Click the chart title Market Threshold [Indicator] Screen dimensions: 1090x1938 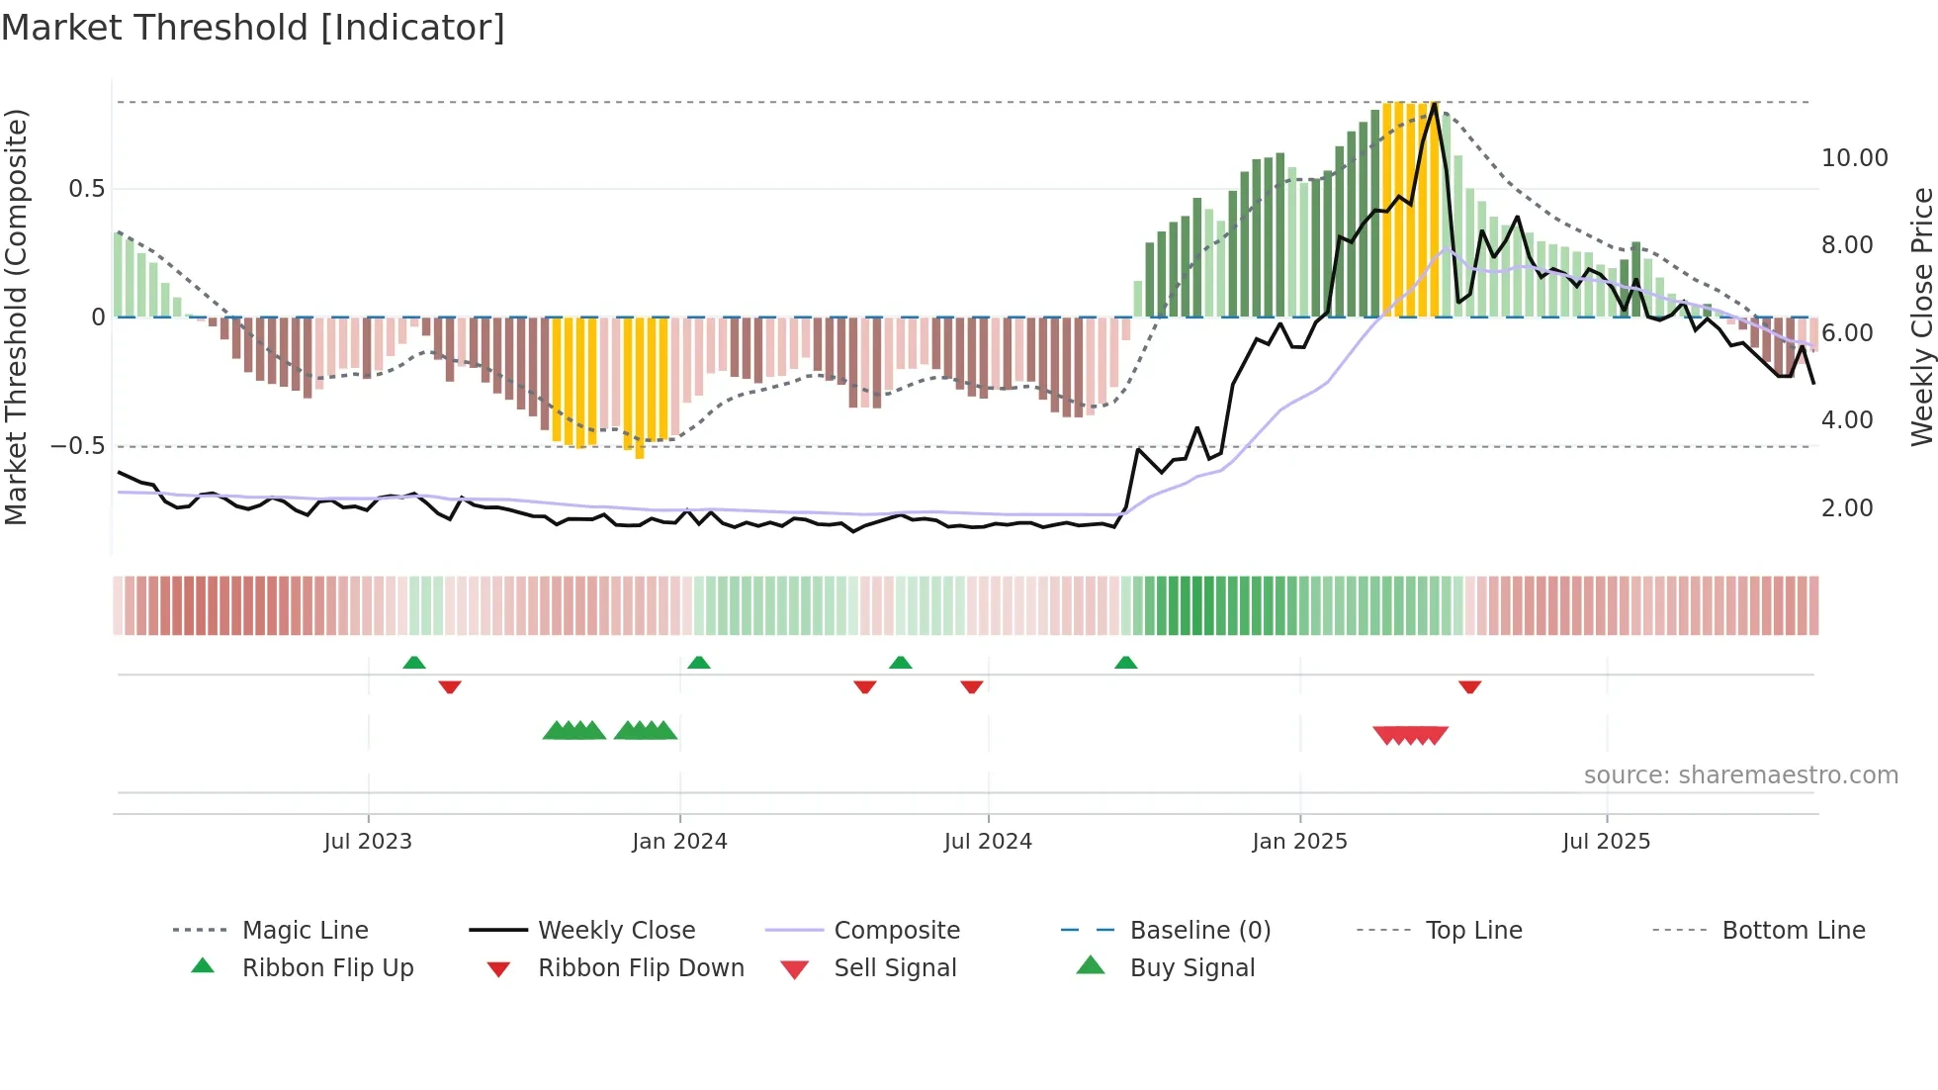pos(253,28)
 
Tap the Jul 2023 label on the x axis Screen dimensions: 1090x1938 pos(368,842)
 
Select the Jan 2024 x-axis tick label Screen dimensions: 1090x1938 pos(679,842)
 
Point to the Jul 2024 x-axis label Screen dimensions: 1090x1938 pos(988,842)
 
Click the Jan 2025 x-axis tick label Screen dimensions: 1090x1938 pos(1299,842)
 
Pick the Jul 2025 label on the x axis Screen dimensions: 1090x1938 pos(1606,842)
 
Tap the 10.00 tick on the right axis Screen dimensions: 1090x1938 pos(1854,158)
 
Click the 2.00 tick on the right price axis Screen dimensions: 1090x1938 pos(1847,508)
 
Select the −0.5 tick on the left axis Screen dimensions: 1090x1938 pos(78,446)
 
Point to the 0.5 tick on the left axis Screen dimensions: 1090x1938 pos(87,189)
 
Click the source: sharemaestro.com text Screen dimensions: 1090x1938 pos(1740,775)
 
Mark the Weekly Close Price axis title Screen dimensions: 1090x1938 pos(1921,317)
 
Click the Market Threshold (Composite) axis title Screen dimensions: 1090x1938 pos(16,317)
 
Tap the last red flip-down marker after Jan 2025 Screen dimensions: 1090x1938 pos(1469,686)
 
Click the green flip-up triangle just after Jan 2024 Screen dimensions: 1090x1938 pos(698,663)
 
